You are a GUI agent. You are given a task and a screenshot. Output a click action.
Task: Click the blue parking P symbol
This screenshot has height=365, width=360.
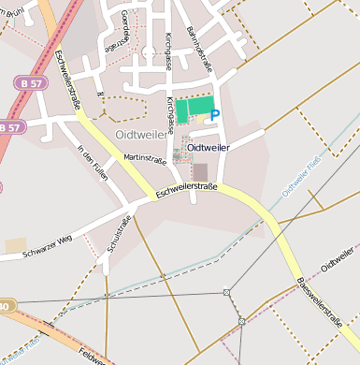coord(215,115)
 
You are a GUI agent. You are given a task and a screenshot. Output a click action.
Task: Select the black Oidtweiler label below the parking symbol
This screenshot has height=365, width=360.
coord(209,147)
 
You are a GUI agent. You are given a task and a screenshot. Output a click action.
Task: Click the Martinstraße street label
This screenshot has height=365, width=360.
coord(144,160)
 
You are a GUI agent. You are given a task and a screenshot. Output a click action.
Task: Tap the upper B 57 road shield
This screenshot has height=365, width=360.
coord(27,84)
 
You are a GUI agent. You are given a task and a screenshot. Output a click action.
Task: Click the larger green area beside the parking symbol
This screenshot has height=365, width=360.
coord(200,107)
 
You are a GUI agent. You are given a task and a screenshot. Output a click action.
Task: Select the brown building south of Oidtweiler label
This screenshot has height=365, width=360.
coord(200,171)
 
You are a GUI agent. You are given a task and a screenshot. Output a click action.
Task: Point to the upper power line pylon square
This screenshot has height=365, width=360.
coord(226,292)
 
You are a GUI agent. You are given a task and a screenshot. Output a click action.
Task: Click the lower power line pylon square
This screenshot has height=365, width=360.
coord(241,321)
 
